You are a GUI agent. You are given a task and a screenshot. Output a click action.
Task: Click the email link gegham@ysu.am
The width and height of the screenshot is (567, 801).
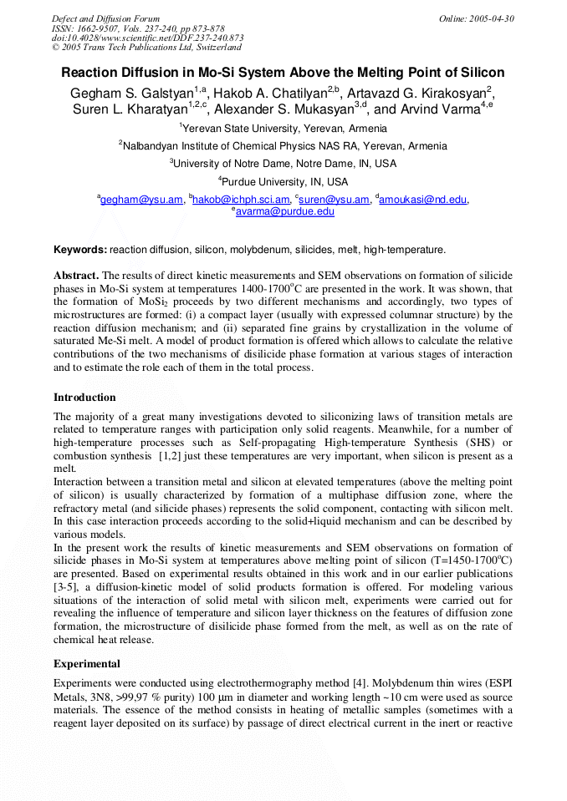(x=141, y=200)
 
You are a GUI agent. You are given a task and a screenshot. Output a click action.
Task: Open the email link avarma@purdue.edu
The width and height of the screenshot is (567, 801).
(x=285, y=212)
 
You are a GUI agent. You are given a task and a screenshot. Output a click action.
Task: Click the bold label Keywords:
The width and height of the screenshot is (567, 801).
(x=80, y=250)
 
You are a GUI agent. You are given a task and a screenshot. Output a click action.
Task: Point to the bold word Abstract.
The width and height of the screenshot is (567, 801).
(x=76, y=275)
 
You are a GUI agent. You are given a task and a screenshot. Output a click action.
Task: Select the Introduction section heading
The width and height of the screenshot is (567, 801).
(x=84, y=397)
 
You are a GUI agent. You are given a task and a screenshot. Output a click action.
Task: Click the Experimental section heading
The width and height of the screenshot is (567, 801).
(x=87, y=664)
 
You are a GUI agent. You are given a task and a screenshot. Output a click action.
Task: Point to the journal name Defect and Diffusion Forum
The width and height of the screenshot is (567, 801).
(x=105, y=18)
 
